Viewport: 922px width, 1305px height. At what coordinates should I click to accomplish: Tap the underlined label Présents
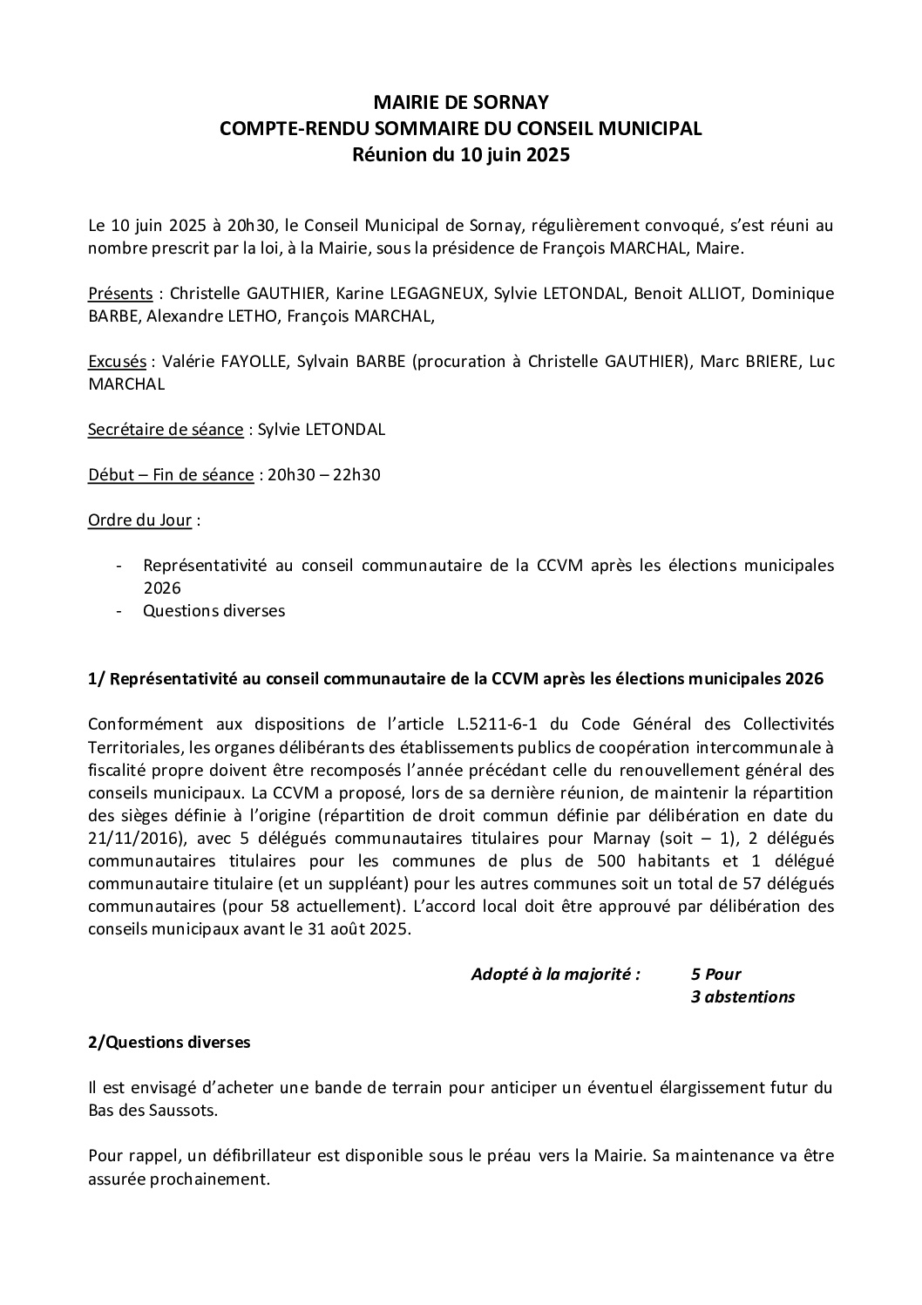click(x=121, y=293)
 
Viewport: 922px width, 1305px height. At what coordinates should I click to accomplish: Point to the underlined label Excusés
click(x=118, y=362)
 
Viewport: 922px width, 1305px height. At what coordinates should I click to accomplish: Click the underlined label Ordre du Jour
click(x=140, y=520)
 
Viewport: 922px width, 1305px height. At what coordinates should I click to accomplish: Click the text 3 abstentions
click(x=742, y=997)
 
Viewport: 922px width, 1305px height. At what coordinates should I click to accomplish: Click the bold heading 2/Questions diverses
click(x=169, y=1043)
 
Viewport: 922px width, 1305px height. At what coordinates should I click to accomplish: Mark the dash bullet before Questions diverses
click(x=119, y=611)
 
